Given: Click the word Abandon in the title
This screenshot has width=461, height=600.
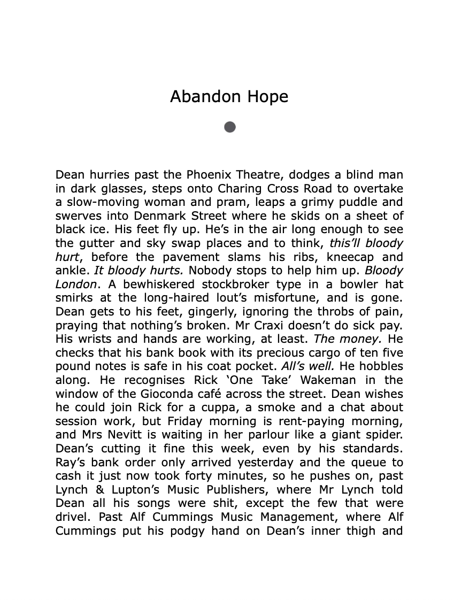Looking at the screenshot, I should click(x=199, y=97).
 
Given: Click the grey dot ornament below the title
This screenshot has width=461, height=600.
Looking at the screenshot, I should click(x=230, y=127).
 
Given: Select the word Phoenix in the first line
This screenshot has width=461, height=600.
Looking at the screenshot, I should click(x=208, y=175).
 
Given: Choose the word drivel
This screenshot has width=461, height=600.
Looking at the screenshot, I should click(x=72, y=517).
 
